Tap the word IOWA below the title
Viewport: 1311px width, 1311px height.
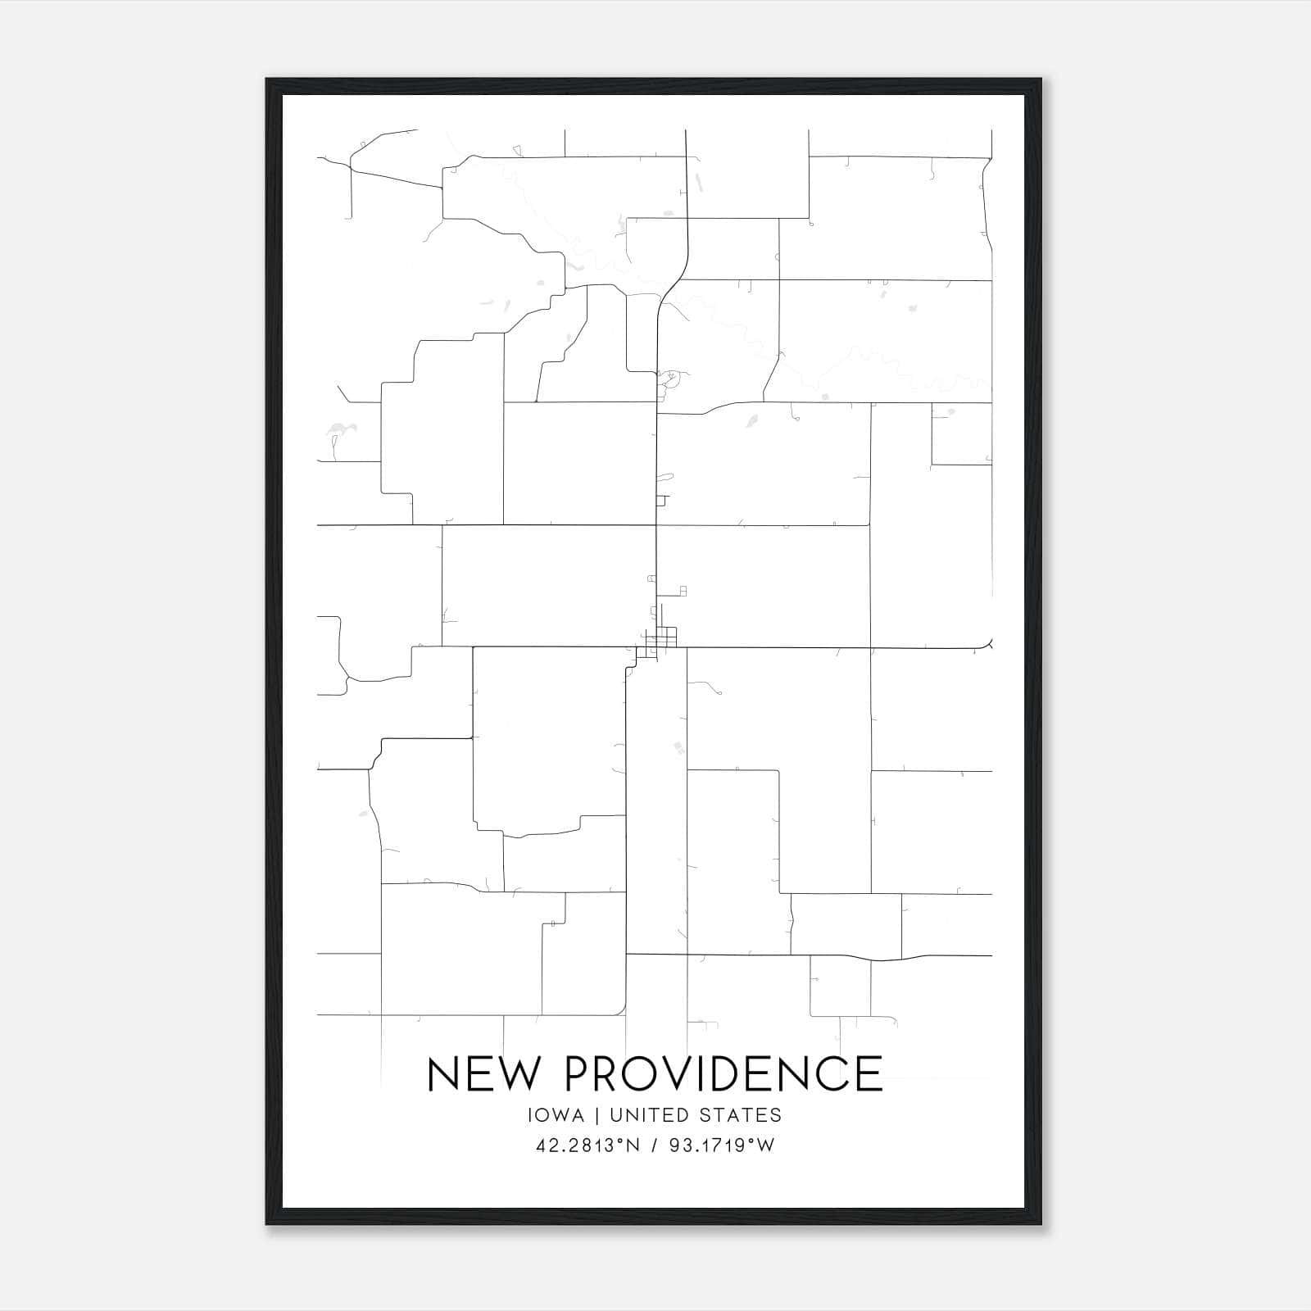pyautogui.click(x=556, y=1115)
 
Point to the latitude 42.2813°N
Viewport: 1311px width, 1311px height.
pyautogui.click(x=586, y=1145)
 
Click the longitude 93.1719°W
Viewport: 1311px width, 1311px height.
pyautogui.click(x=721, y=1145)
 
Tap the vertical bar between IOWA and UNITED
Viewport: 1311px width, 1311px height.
pyautogui.click(x=597, y=1115)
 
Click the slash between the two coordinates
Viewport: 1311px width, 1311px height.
pyautogui.click(x=653, y=1145)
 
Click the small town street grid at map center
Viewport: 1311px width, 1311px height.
pyautogui.click(x=660, y=638)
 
